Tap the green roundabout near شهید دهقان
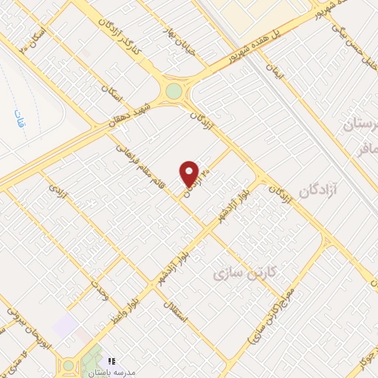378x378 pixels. pos(173,91)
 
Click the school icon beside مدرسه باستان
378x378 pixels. pos(112,361)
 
